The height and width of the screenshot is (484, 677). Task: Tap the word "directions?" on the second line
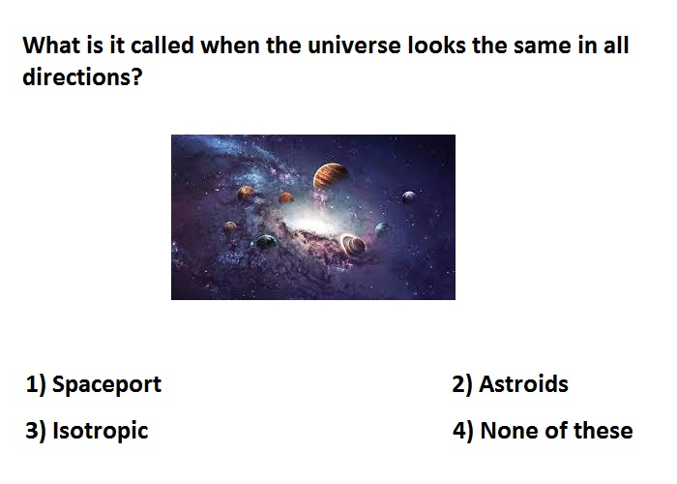[x=82, y=76]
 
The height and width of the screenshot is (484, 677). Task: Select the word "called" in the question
[x=162, y=45]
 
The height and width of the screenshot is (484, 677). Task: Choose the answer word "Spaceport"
[x=106, y=384]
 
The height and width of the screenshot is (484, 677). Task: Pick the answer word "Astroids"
[x=523, y=383]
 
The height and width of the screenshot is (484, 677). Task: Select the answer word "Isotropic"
[x=101, y=431]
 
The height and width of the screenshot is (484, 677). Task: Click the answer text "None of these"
[x=556, y=431]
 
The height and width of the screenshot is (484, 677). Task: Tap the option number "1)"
[x=36, y=384]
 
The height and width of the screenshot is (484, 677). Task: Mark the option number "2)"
[x=462, y=384]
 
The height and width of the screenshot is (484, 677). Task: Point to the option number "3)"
[x=36, y=431]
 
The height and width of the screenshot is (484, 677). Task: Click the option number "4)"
[x=463, y=431]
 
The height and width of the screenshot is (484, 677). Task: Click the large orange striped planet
[x=331, y=175]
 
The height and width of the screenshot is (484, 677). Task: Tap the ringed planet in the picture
[x=354, y=245]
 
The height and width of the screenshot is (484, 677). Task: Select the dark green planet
[x=266, y=242]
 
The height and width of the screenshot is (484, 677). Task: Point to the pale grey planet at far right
[x=409, y=197]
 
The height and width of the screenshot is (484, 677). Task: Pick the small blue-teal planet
[x=382, y=228]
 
